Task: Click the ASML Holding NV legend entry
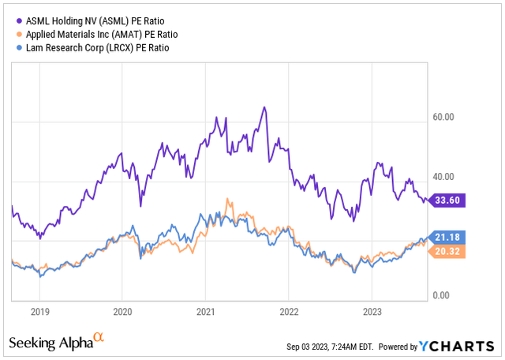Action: [x=88, y=19]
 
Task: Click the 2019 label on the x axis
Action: [x=40, y=311]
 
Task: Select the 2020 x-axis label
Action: [x=123, y=311]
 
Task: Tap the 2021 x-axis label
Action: [x=206, y=311]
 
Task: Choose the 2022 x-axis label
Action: [x=289, y=311]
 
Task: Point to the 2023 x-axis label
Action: [x=372, y=311]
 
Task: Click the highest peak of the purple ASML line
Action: [x=264, y=107]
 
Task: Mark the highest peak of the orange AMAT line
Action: [x=228, y=198]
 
